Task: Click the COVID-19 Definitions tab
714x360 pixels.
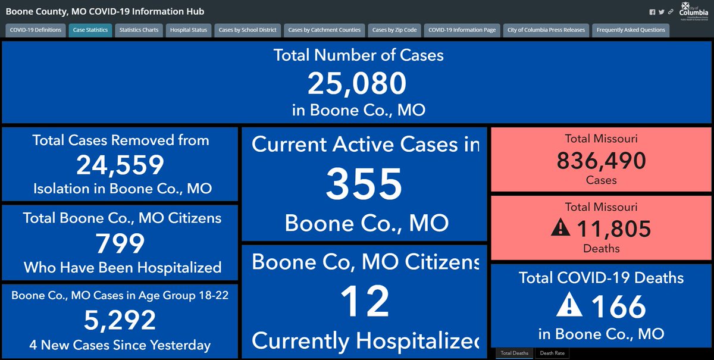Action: [36, 30]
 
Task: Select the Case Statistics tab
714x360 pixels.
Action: [90, 30]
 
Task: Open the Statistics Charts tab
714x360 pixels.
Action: [139, 30]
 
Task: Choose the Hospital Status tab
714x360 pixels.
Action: [188, 30]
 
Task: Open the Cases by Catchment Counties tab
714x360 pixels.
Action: [324, 30]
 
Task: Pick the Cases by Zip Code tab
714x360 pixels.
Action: [394, 30]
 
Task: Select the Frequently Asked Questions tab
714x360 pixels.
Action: [631, 30]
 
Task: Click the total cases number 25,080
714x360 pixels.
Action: [356, 83]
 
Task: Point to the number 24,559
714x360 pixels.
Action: [120, 165]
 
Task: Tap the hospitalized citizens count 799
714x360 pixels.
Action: [120, 243]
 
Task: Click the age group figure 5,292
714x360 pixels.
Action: [120, 321]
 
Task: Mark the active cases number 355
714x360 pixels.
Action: [364, 184]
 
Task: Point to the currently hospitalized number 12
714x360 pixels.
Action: [364, 301]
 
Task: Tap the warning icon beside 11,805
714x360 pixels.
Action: [560, 228]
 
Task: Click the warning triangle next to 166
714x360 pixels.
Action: [569, 306]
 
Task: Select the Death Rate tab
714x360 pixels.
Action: [553, 353]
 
